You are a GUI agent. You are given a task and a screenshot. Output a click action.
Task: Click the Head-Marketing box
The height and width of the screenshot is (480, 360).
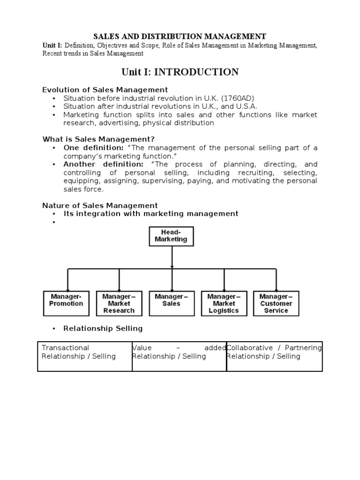pyautogui.click(x=171, y=236)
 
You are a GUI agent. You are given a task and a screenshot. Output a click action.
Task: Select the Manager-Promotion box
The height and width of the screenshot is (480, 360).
pyautogui.click(x=66, y=303)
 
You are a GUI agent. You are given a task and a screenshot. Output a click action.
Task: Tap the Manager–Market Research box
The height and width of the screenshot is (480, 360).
pyautogui.click(x=119, y=303)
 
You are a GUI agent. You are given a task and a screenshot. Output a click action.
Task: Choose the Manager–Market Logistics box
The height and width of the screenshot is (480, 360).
pyautogui.click(x=224, y=303)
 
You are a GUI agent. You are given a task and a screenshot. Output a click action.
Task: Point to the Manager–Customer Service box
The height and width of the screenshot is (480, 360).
pyautogui.click(x=276, y=303)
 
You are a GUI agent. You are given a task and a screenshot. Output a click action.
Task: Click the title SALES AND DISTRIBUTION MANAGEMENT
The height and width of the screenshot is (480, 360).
pyautogui.click(x=180, y=36)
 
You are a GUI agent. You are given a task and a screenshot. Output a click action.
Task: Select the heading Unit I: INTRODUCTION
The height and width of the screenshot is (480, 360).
pyautogui.click(x=180, y=72)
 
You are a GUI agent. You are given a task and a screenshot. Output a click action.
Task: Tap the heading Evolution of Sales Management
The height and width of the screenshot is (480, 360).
pyautogui.click(x=105, y=90)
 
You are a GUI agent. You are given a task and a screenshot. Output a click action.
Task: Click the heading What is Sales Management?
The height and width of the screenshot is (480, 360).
pyautogui.click(x=98, y=139)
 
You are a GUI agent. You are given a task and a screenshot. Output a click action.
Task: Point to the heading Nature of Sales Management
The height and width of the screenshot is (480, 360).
pyautogui.click(x=100, y=205)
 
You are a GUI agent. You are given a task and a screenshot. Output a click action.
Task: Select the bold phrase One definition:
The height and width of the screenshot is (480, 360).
pyautogui.click(x=93, y=148)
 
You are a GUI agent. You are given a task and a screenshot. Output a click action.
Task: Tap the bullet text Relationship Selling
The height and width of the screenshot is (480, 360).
pyautogui.click(x=103, y=328)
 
